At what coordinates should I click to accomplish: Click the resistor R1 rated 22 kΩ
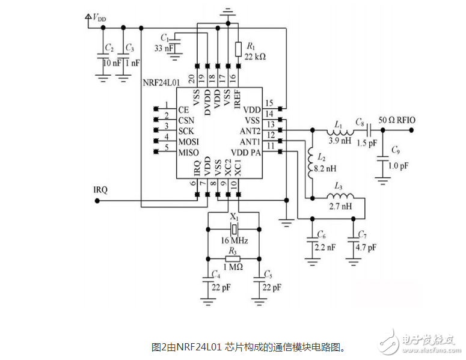[x=238, y=49]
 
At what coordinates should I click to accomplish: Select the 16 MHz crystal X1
[x=235, y=229]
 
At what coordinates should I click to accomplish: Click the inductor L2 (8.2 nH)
[x=311, y=161]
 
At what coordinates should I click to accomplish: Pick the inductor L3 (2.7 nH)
[x=340, y=197]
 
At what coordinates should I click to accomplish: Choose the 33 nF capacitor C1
[x=175, y=42]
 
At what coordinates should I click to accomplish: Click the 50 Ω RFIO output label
[x=398, y=120]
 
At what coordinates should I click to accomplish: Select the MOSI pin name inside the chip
[x=189, y=141]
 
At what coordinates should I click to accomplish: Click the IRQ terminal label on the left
[x=100, y=190]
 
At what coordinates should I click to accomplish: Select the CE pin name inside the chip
[x=184, y=110]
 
